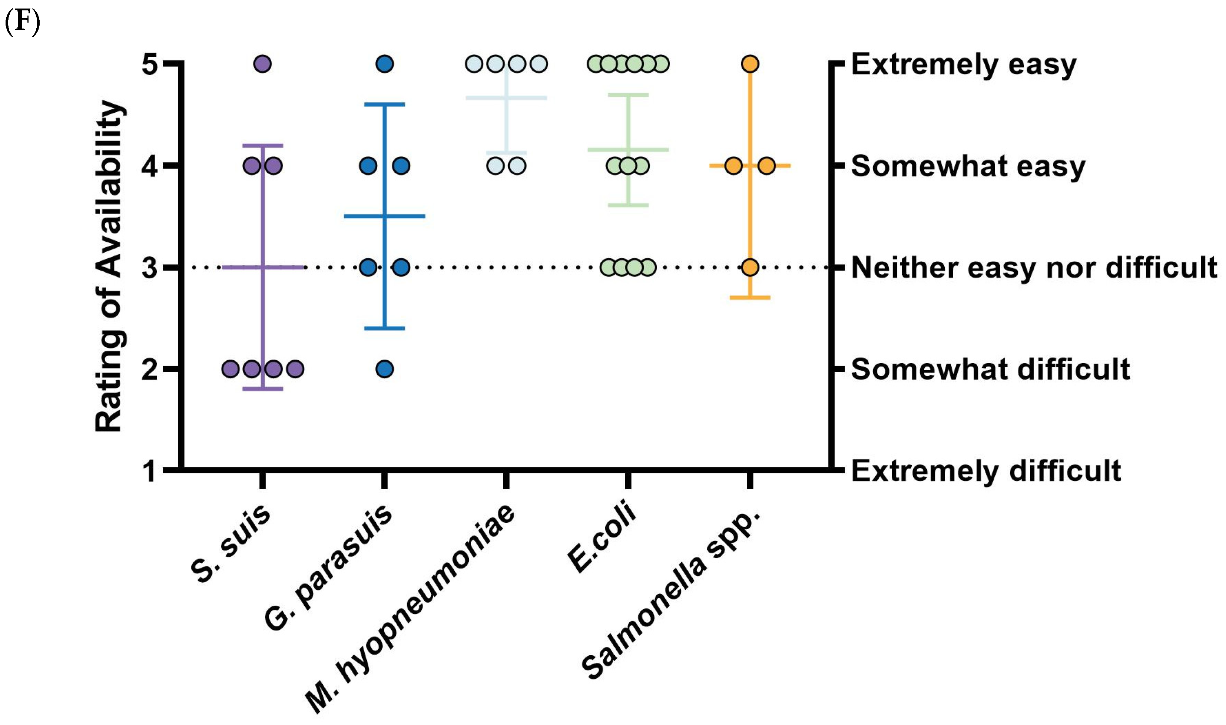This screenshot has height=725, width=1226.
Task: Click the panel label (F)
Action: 22,22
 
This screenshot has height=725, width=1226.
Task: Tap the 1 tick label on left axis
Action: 149,471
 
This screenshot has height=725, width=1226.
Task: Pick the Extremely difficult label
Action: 986,471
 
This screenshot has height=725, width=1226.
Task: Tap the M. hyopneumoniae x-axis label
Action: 410,608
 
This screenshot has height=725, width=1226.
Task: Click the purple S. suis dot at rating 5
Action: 263,64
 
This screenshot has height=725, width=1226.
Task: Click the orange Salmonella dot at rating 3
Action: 750,267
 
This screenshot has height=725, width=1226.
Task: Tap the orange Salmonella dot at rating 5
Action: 750,64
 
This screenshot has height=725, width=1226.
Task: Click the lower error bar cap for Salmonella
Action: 750,298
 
